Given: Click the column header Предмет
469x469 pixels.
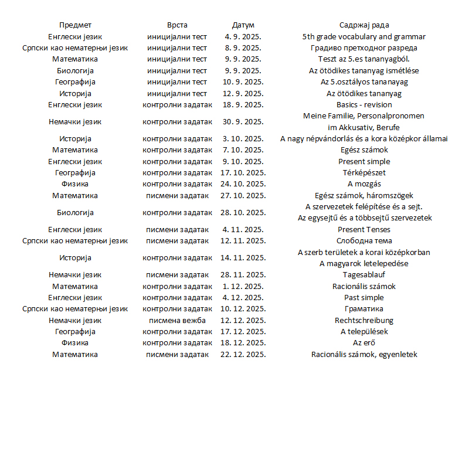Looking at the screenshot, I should pos(75,25).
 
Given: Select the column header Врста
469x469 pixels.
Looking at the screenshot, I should pos(177,25).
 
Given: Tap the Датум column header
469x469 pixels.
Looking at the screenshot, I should pos(243,25).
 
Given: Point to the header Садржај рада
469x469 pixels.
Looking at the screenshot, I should pos(364,25).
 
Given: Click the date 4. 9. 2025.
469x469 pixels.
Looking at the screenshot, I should pos(243,36).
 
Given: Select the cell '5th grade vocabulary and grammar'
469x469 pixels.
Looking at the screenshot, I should pos(364,36).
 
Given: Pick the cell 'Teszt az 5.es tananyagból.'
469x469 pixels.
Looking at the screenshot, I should pos(364,59).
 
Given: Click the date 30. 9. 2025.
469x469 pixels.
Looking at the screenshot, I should pos(243,122).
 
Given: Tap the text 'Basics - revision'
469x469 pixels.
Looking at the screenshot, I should pos(364,105).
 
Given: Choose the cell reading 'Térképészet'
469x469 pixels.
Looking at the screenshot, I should pos(364,173).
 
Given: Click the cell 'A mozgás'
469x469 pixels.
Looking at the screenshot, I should pos(364,184).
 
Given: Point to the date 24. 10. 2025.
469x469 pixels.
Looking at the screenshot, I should pos(243,184).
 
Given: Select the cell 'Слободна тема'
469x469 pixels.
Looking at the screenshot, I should pos(364,241).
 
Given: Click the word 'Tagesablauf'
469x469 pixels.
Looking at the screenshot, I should pos(364,275).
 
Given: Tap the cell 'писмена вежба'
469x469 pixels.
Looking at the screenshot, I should pos(177,321).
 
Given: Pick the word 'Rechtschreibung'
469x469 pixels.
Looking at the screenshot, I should pos(364,321).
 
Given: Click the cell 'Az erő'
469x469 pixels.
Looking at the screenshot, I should pos(364,343).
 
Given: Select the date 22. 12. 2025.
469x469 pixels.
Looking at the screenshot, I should pos(243,355).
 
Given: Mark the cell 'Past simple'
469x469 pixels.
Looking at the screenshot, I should pos(364,298).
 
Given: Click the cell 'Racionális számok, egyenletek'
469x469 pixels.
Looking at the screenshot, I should pos(364,355).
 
